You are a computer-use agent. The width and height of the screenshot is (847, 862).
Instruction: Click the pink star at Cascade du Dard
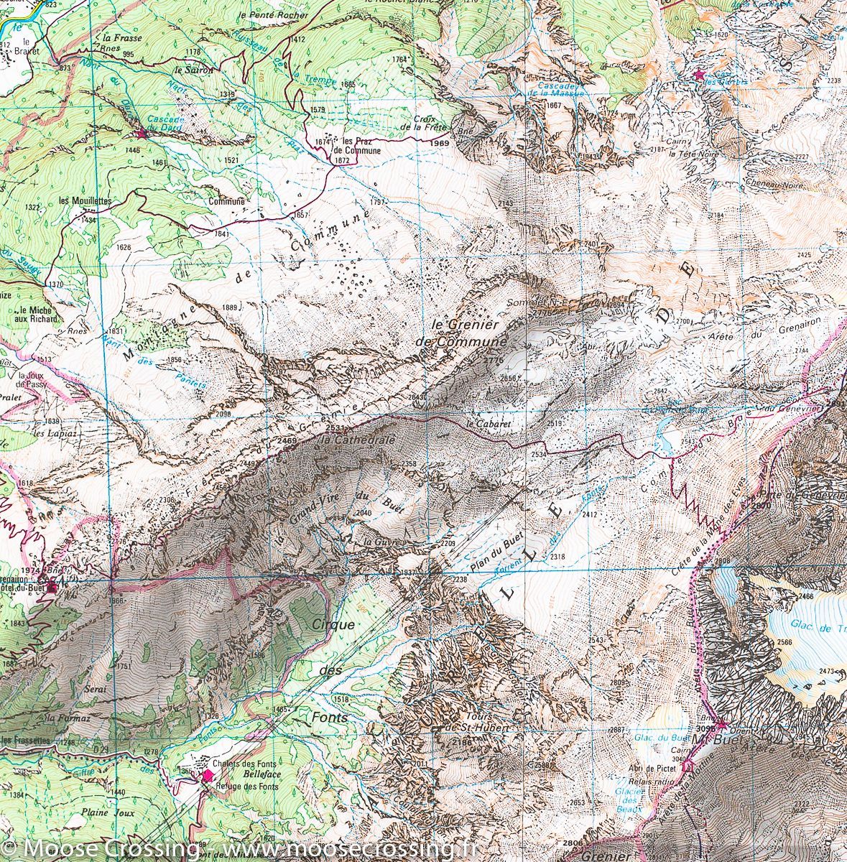[142, 134]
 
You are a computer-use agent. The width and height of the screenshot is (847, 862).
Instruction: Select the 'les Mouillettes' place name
[85, 201]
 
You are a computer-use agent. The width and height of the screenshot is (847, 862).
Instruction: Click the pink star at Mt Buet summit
[721, 724]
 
